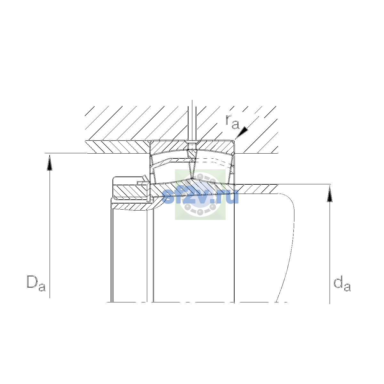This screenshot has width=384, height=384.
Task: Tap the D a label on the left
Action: [36, 283]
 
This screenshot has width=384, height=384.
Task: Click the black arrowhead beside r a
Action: [242, 133]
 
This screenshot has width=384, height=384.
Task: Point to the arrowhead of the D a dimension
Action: [50, 163]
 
